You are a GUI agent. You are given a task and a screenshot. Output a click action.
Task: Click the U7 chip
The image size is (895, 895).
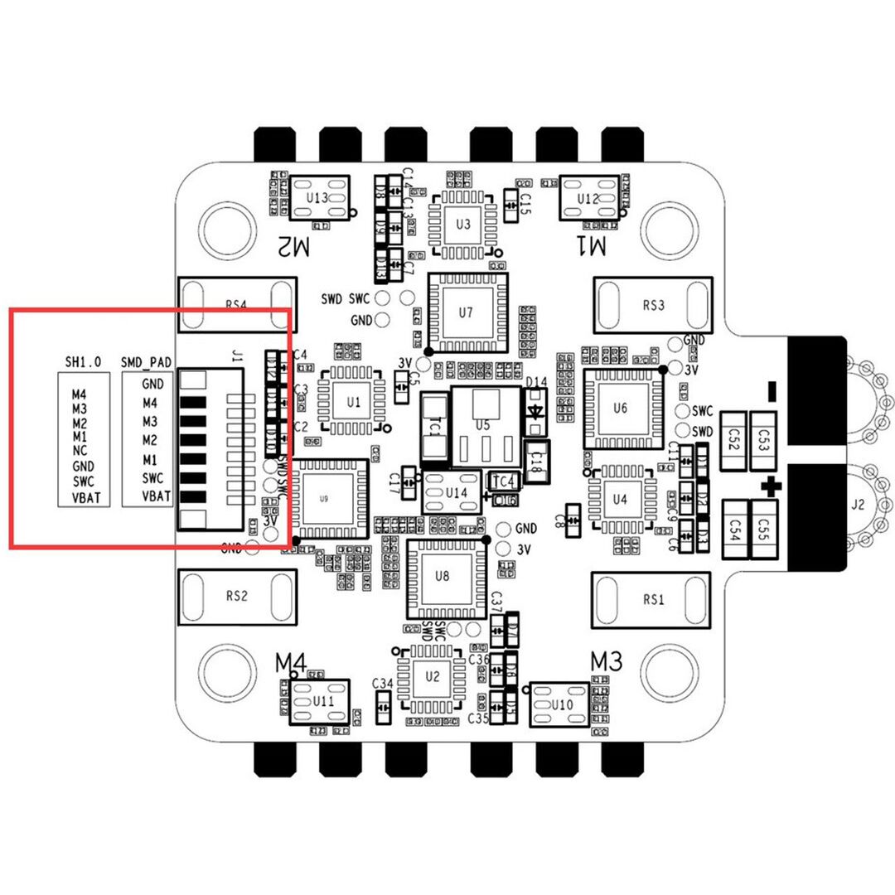coord(466,313)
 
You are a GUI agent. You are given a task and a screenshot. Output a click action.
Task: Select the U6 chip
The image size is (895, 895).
coord(622,409)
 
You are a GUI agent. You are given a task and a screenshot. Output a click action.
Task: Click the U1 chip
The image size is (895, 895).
coord(354,402)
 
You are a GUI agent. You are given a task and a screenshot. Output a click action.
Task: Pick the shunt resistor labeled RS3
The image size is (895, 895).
coord(654,305)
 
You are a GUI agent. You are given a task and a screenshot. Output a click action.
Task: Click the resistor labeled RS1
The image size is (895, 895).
coord(654,598)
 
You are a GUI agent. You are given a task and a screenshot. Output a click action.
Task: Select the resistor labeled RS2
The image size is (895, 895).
coord(237,595)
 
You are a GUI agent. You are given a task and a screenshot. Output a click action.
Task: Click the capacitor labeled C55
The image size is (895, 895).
coord(764,524)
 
